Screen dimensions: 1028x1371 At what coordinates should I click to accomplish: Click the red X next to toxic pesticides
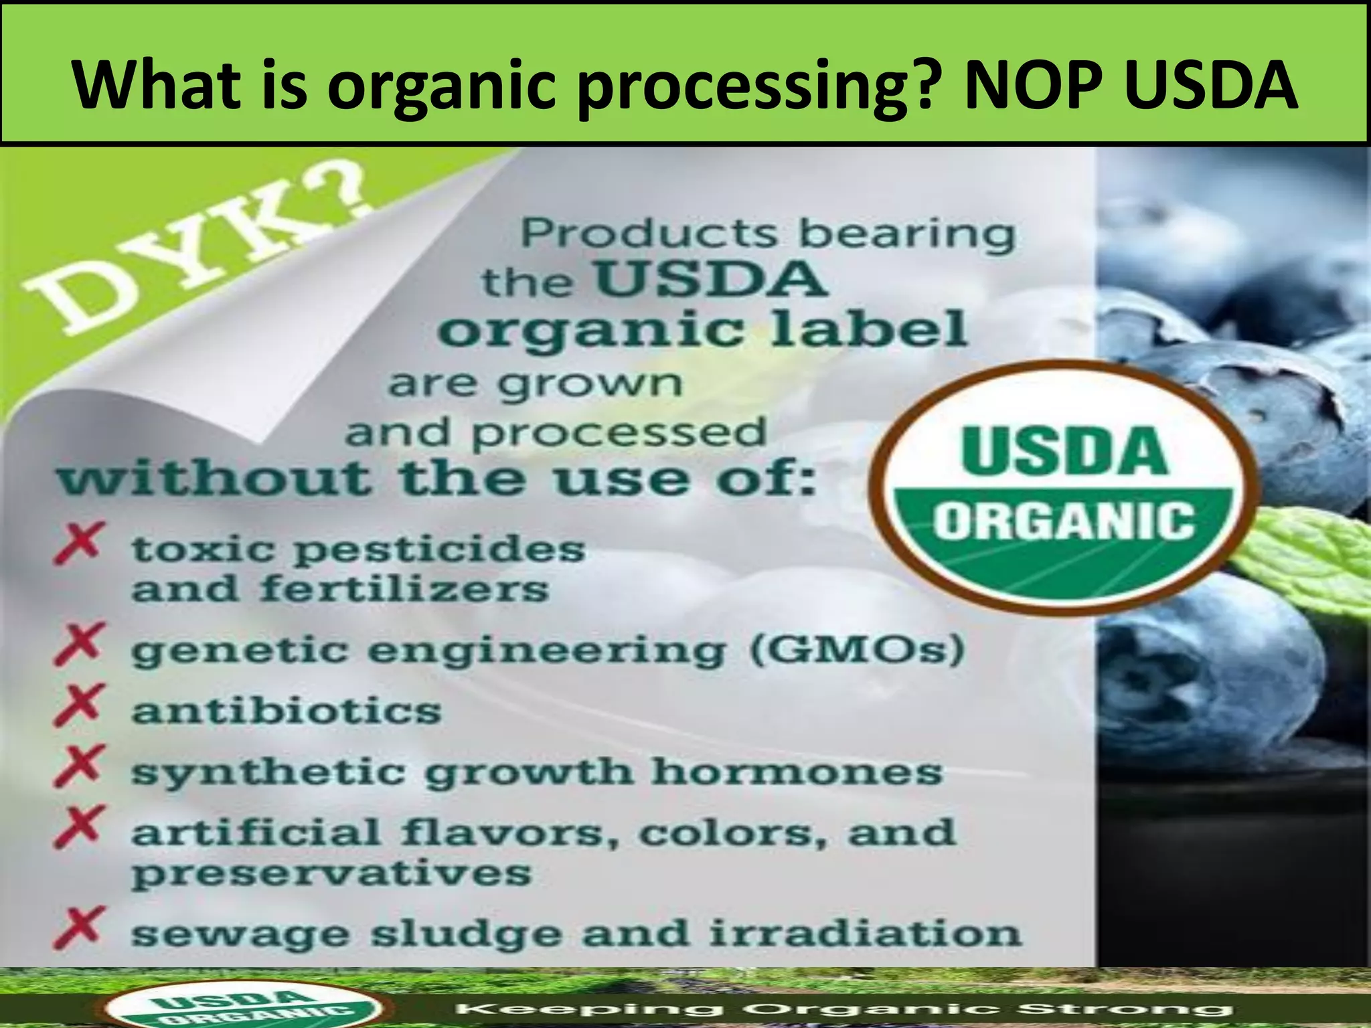coord(79,543)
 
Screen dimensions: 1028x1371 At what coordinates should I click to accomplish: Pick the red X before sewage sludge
coord(79,928)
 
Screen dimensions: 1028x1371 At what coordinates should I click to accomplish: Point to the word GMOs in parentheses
coord(857,649)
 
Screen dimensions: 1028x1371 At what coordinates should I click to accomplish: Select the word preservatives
coord(331,873)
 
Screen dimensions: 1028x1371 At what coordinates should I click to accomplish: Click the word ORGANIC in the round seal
coord(1064,521)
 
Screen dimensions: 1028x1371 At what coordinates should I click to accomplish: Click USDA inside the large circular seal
coord(1064,451)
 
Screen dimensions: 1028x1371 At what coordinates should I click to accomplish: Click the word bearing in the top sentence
coord(907,234)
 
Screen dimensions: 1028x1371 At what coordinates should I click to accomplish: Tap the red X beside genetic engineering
coord(79,643)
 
